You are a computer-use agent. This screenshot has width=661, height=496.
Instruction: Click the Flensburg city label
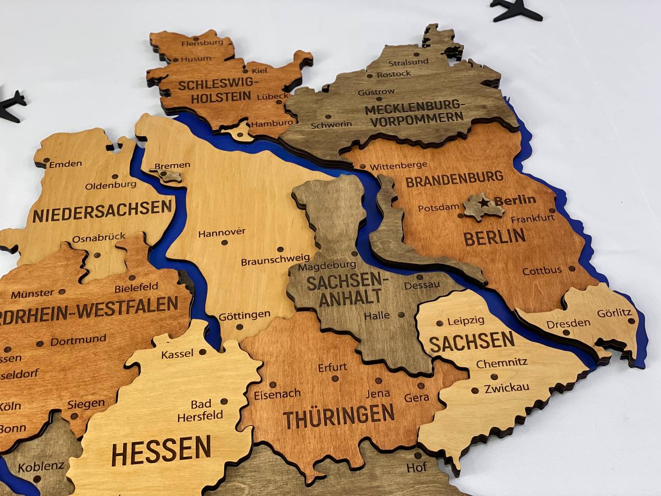point(202,42)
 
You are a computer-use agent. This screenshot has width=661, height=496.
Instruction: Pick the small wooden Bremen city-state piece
point(169,177)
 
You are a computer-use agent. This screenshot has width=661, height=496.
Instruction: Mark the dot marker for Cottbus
point(572,269)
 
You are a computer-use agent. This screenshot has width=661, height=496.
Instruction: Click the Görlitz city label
point(615,313)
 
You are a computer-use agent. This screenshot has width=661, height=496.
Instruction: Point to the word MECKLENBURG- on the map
point(415,108)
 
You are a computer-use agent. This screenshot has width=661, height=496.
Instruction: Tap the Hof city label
point(417,468)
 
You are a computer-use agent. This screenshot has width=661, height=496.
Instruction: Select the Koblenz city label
point(41,467)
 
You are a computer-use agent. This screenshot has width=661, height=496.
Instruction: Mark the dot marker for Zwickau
point(476,389)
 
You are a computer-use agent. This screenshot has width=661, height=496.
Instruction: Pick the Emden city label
point(66,164)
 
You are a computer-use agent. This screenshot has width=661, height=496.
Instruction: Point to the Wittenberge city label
point(398,165)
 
